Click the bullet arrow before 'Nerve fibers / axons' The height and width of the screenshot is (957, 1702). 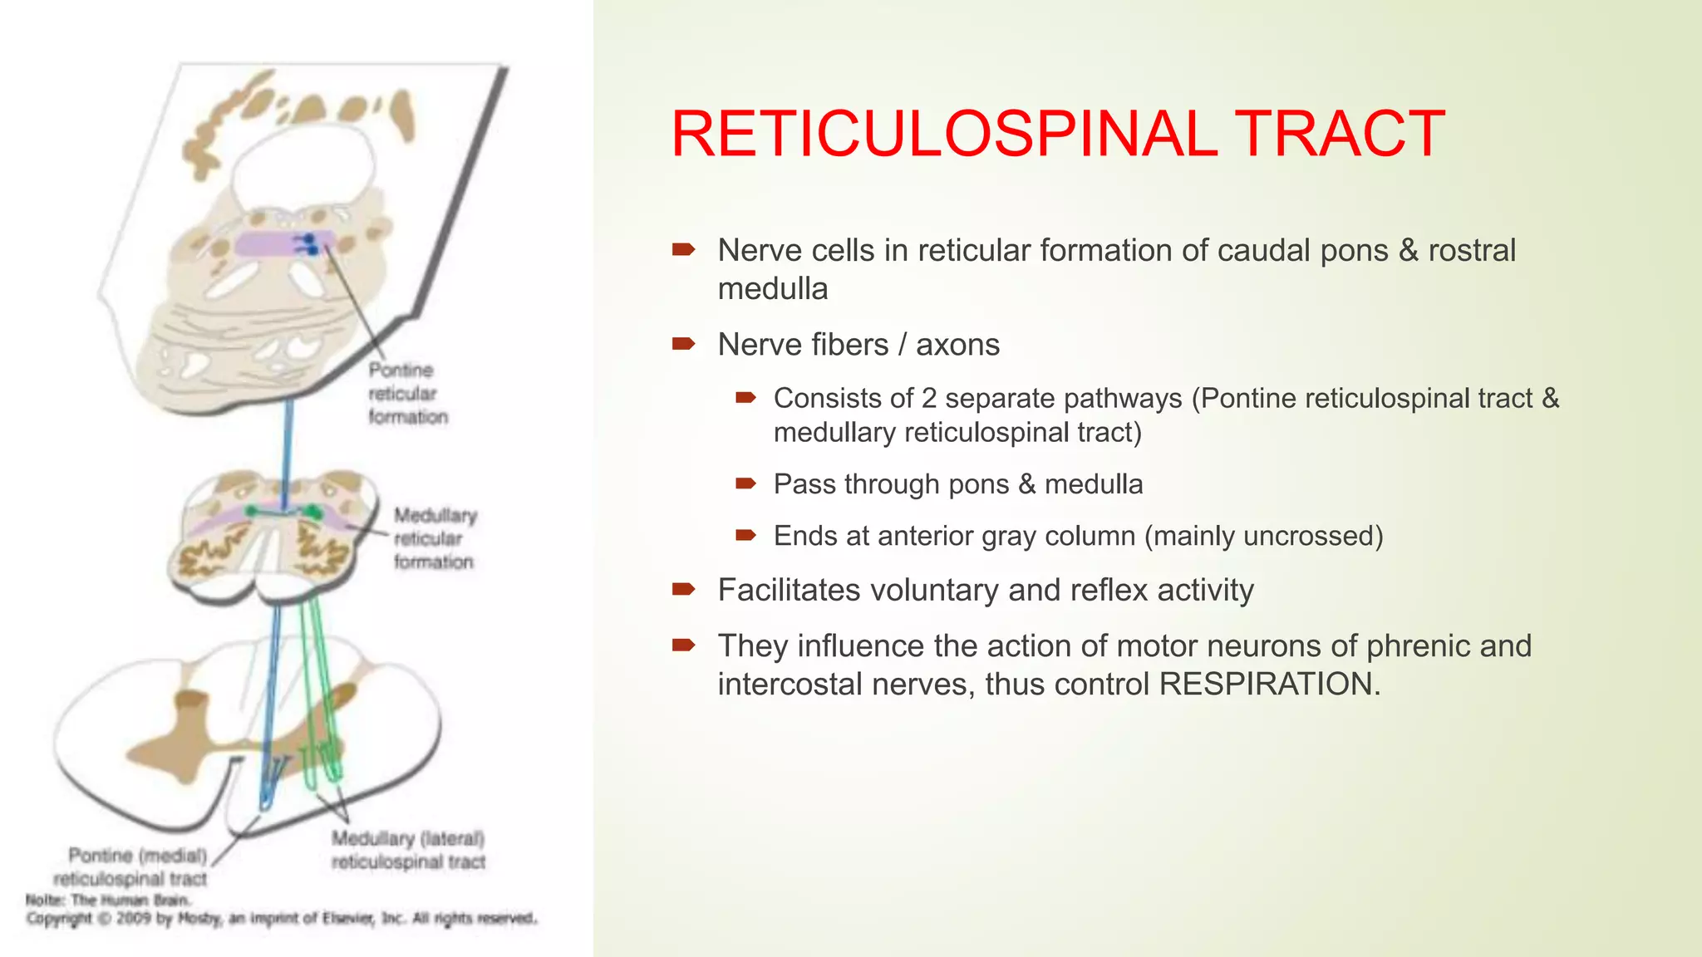click(x=683, y=343)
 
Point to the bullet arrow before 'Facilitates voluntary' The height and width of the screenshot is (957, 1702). click(x=683, y=589)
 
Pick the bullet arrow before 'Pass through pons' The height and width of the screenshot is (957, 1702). click(x=745, y=483)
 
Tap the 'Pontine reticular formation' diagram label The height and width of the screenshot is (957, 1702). click(x=407, y=393)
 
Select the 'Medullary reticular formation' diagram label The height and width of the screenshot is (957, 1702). click(x=434, y=538)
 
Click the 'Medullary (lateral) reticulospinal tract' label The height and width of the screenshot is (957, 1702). click(x=408, y=850)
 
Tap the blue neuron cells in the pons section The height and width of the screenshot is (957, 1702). click(x=308, y=243)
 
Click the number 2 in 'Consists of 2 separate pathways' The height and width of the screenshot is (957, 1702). click(x=928, y=398)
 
